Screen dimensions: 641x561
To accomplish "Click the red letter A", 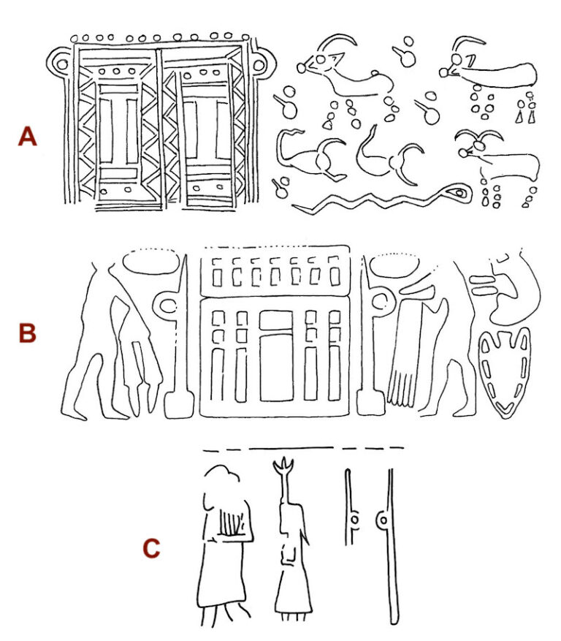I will [x=27, y=136].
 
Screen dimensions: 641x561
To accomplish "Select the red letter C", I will [x=150, y=547].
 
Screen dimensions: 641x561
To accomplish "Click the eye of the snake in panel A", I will [x=458, y=194].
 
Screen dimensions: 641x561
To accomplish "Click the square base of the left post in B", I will [x=176, y=404].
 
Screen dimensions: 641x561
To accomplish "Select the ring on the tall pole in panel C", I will [x=383, y=521].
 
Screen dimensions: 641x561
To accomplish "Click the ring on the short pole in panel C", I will [x=354, y=520].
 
